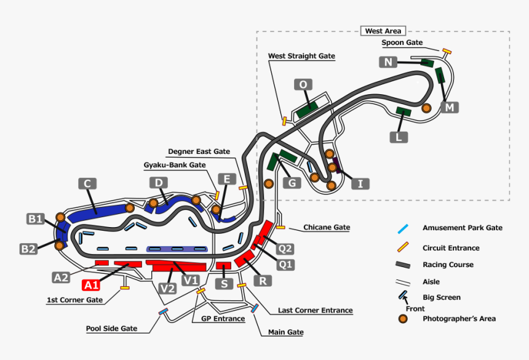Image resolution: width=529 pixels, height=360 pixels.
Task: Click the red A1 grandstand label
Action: (91, 285)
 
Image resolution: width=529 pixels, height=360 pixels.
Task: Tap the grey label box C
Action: (87, 183)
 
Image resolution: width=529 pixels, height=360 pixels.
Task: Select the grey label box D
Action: (158, 183)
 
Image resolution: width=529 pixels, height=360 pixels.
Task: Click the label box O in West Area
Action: (303, 84)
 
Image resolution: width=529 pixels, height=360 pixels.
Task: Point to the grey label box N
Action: (388, 62)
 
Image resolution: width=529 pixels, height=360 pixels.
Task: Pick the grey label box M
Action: (450, 107)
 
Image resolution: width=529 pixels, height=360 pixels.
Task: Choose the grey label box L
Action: (399, 137)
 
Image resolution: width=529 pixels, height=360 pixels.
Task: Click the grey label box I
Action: (360, 183)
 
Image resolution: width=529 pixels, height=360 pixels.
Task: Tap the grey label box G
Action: (292, 183)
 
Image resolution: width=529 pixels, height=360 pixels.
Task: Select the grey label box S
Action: (224, 284)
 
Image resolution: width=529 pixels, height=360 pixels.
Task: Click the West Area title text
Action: (383, 31)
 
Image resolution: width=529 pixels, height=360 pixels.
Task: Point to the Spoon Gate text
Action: (402, 42)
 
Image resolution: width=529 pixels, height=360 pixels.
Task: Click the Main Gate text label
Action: (285, 332)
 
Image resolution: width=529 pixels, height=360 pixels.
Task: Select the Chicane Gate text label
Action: (326, 227)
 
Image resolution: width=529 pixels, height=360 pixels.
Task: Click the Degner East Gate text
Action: (199, 151)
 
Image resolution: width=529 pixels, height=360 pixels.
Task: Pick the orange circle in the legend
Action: (403, 319)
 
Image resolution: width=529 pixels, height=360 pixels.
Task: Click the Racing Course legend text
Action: (448, 265)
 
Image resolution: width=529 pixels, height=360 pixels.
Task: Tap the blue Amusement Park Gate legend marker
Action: (402, 228)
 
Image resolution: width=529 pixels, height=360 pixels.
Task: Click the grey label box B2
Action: (28, 249)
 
